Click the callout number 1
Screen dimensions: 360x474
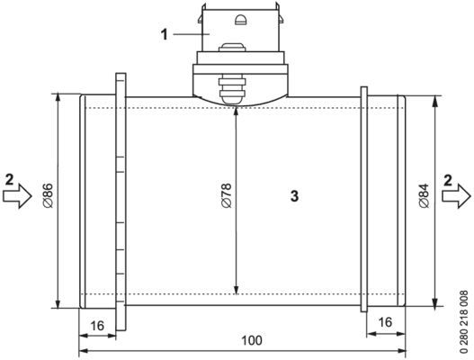(165, 34)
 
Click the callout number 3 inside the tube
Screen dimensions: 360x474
(294, 195)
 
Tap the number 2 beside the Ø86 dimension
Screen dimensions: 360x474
(9, 177)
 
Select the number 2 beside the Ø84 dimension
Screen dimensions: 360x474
(447, 178)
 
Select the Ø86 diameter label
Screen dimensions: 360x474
(47, 195)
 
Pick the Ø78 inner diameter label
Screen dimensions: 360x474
(226, 195)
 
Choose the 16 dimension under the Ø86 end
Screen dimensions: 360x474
(97, 324)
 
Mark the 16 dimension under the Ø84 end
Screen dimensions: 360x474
(385, 321)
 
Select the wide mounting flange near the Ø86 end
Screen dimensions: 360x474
(121, 198)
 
